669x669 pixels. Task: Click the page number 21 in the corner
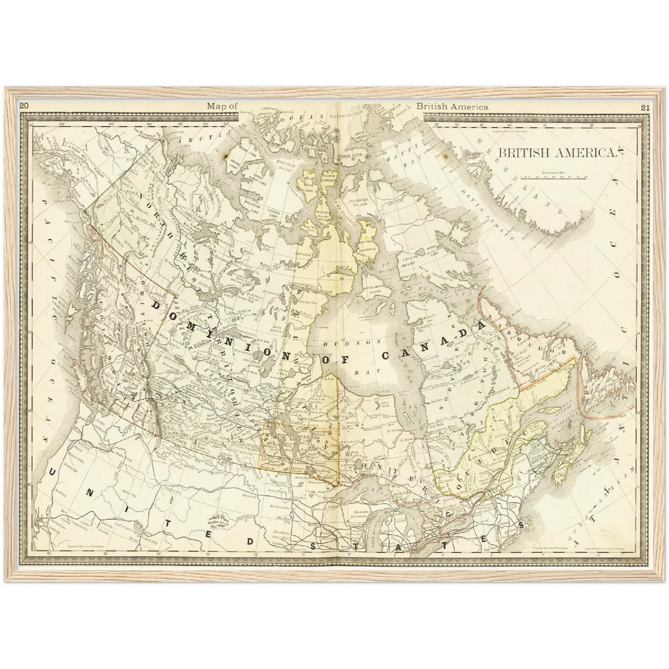click(x=645, y=108)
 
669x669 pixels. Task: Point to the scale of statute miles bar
click(x=554, y=177)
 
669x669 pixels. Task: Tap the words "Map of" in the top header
click(x=222, y=106)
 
